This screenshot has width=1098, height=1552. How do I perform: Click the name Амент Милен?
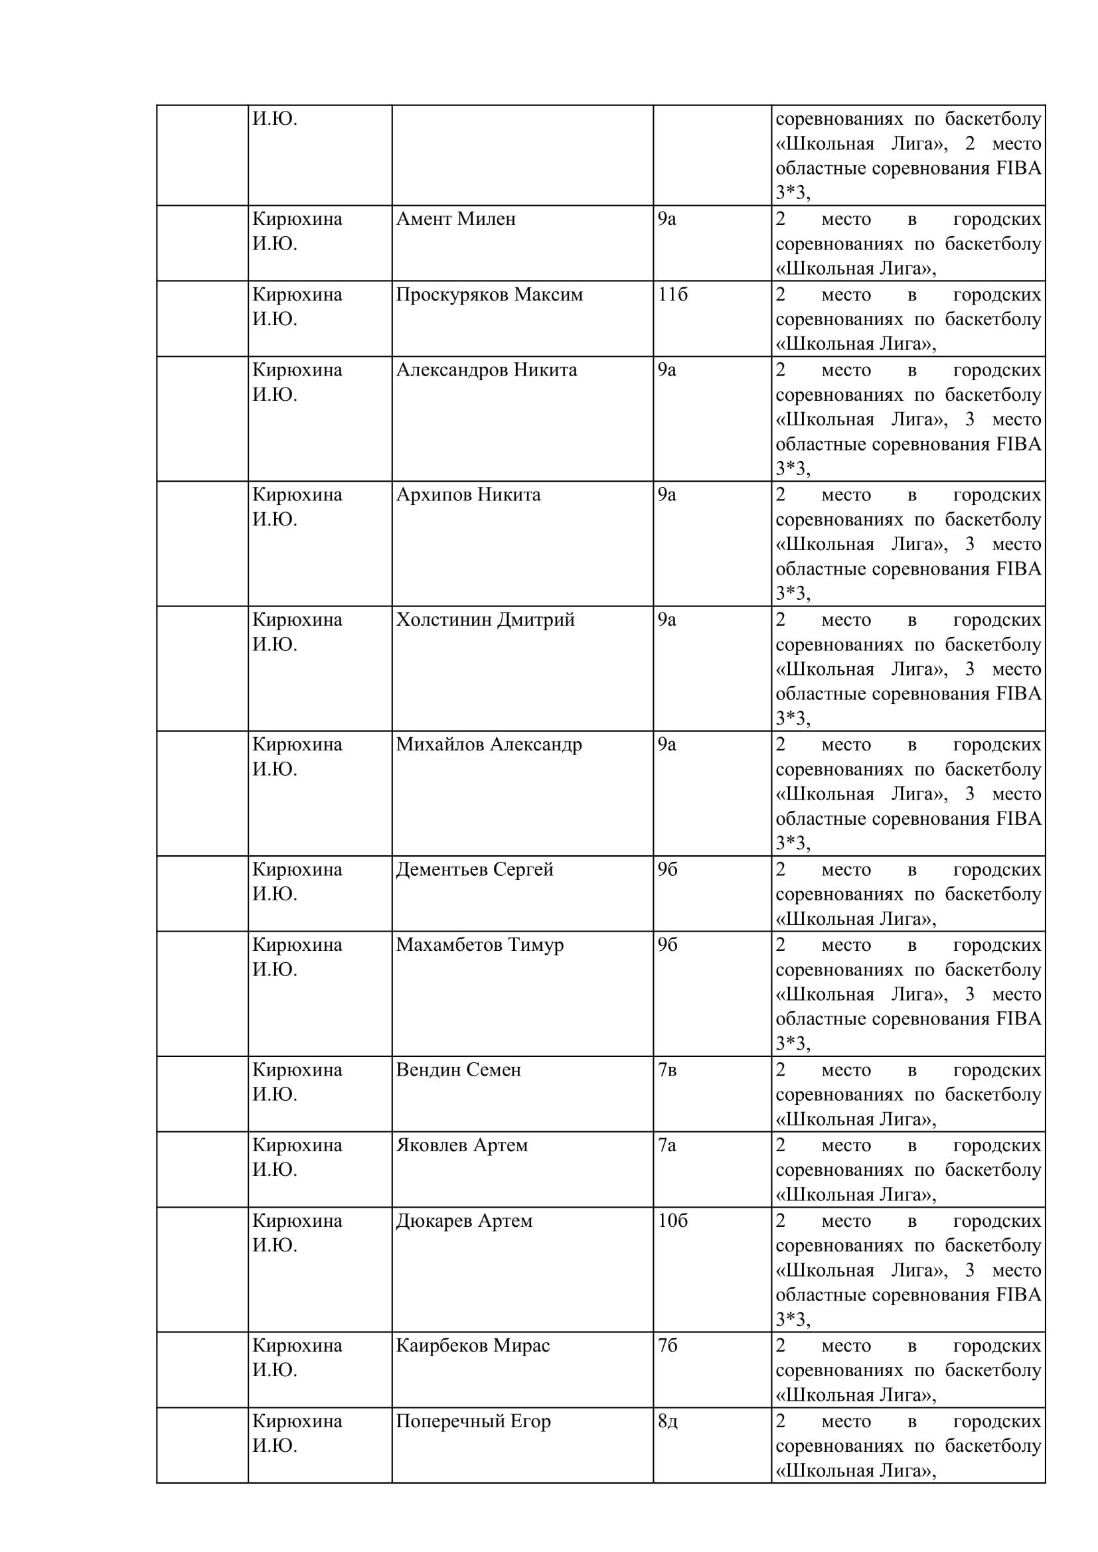(455, 219)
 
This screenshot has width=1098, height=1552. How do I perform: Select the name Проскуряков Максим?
(489, 295)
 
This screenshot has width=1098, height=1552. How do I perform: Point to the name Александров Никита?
(486, 370)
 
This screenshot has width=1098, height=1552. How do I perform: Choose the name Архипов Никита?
(468, 495)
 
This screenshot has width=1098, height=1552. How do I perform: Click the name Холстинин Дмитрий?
(485, 620)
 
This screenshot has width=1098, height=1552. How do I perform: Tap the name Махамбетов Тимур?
(479, 945)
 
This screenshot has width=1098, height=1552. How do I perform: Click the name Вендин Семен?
(458, 1070)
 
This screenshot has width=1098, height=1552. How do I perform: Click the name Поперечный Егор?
(473, 1421)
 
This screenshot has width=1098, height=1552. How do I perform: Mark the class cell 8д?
(667, 1421)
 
